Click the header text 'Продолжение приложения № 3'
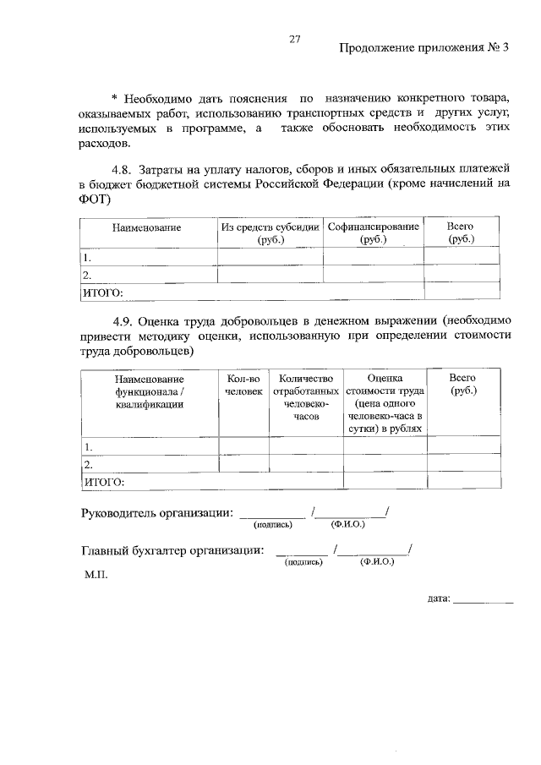[425, 47]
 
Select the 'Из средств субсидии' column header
[270, 232]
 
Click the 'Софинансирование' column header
[373, 232]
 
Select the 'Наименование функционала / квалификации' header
[150, 391]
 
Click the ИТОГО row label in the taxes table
[102, 292]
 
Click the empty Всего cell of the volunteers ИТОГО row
[462, 481]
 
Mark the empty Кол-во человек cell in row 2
[243, 464]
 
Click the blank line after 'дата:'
[483, 601]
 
